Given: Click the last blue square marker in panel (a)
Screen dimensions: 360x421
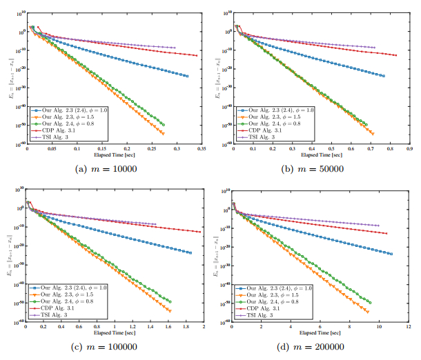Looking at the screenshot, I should (187, 76).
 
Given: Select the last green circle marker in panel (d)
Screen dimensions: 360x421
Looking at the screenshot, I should (369, 302).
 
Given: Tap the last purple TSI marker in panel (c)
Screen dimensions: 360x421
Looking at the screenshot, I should (155, 224).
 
